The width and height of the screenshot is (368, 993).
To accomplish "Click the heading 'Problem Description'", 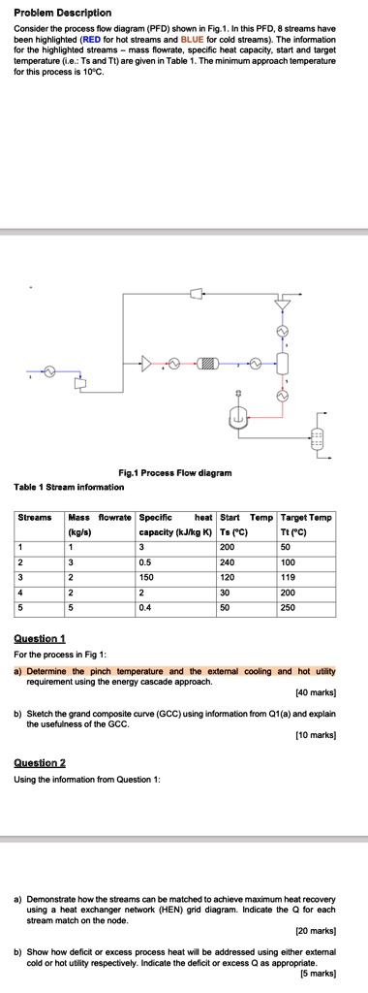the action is [x=64, y=13].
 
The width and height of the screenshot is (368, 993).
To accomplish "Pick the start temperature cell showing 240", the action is [x=229, y=561].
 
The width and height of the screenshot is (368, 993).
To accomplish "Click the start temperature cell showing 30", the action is [x=227, y=593].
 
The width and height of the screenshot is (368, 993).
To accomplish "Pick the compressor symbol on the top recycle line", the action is [x=197, y=291].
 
